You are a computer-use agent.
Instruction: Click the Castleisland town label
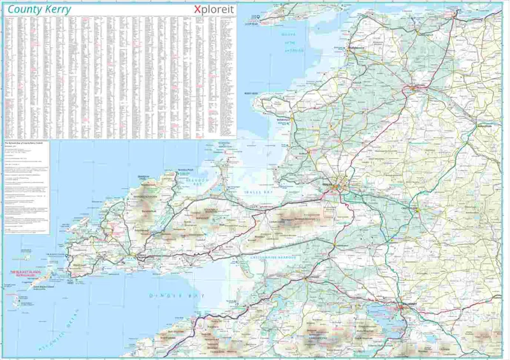411,208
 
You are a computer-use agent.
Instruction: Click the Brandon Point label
168,169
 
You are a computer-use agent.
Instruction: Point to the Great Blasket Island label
43,287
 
